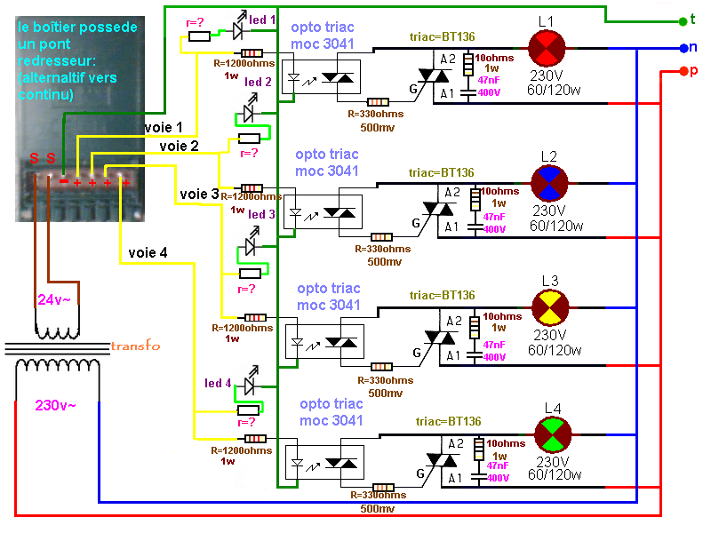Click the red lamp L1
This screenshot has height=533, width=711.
[x=547, y=47]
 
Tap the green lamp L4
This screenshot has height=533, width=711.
[x=552, y=435]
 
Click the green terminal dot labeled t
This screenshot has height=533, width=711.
[x=682, y=20]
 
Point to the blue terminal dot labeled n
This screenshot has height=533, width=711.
[x=682, y=48]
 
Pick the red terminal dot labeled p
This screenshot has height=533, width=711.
[x=682, y=70]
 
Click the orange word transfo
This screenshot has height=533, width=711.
[x=135, y=346]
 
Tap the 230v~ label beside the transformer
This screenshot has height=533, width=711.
[x=55, y=405]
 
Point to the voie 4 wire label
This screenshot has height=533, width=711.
[x=148, y=252]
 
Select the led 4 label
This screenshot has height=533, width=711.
[x=218, y=384]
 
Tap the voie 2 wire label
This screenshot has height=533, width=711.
[x=181, y=145]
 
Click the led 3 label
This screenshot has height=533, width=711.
[x=261, y=214]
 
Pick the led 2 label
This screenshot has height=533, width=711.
[x=258, y=82]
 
